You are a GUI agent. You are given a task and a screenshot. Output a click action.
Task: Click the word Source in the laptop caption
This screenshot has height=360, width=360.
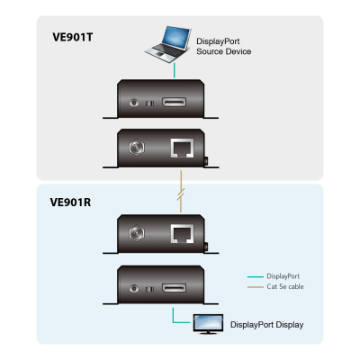[x=213, y=52]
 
